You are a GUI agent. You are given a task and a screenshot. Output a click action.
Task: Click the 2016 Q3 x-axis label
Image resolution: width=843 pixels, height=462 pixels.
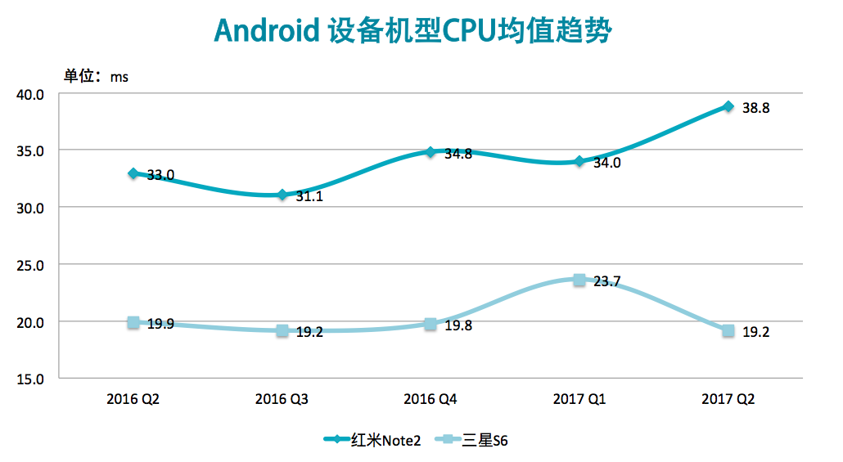coord(282,400)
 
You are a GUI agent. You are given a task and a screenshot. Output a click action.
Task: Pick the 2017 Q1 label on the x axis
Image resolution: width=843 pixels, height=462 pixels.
coord(579,400)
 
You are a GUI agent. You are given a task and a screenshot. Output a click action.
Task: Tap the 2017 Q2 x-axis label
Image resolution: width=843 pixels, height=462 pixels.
coord(728,400)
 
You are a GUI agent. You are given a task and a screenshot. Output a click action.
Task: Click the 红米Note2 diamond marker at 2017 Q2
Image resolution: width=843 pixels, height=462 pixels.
coord(728,106)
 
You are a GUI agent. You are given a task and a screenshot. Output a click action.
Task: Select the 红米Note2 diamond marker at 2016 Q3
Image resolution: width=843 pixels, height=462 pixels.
coord(282,195)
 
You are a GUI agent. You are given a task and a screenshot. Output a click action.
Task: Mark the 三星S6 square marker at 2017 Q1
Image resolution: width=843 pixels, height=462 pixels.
coord(579,280)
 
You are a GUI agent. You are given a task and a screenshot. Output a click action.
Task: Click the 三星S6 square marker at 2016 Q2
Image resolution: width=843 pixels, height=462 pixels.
coord(133,323)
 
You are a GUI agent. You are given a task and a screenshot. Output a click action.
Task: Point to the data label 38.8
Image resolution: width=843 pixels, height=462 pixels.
coord(755,108)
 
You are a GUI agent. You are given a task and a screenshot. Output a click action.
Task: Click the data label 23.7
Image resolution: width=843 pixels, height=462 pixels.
coord(606,282)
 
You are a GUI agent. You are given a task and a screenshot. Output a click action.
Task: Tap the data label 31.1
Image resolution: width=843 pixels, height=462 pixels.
coord(309,197)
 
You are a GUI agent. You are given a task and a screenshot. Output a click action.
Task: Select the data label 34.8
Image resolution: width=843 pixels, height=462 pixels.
coord(458,154)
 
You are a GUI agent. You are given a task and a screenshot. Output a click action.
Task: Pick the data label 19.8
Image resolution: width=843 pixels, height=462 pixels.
coord(458,325)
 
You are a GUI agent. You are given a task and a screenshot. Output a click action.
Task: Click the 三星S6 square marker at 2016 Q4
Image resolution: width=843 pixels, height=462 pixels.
coord(431,324)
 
